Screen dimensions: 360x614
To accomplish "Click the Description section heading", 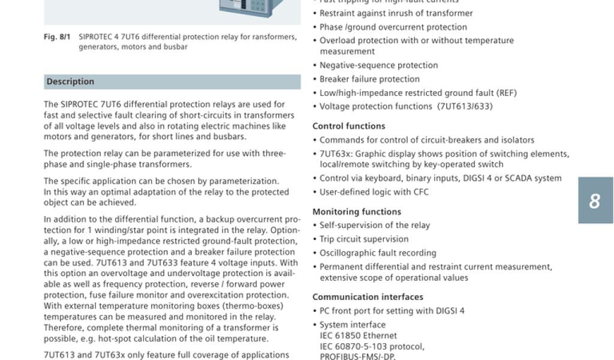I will (71, 82).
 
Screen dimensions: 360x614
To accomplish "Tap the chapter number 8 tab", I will (595, 200).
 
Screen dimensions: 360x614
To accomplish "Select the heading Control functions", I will (348, 126).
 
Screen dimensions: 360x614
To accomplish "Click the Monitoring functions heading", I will (357, 212).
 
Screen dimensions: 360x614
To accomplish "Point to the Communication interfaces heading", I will (368, 297).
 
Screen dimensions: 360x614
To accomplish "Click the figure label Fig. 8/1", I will (57, 37).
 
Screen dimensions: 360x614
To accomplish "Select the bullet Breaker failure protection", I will (369, 79).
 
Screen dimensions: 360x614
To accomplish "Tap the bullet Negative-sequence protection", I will (378, 65).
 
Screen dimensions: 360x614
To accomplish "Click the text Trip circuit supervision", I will (364, 239).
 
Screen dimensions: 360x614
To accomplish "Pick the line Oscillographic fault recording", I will (378, 253).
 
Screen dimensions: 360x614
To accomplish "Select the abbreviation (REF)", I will (506, 93).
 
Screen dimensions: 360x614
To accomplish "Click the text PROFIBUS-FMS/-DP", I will (357, 356).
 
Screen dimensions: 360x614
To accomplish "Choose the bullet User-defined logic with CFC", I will (374, 192).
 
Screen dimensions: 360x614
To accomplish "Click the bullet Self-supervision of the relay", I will (375, 226).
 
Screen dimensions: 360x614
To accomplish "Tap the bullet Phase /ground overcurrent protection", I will (393, 27).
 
